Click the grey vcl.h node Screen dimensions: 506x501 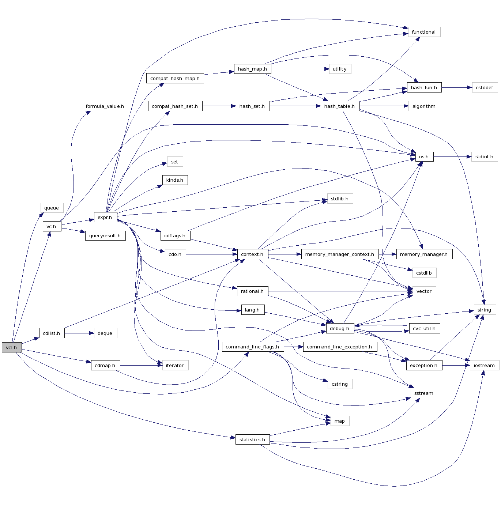[12, 347]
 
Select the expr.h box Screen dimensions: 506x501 [105, 217]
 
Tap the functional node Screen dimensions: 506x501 [424, 32]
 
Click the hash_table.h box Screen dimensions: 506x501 [340, 106]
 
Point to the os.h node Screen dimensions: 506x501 [424, 156]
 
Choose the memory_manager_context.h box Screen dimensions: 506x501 [340, 254]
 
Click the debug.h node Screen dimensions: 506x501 [340, 328]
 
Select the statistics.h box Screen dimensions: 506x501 [252, 439]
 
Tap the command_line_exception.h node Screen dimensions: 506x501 [340, 347]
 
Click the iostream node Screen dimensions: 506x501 [484, 365]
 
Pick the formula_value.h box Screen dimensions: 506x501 [105, 106]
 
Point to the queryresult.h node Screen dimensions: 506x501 [105, 235]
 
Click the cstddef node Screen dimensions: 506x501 [485, 87]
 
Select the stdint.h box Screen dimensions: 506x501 [485, 156]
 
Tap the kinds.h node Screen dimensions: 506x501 [175, 180]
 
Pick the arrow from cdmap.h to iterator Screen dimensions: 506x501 [141, 365]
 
